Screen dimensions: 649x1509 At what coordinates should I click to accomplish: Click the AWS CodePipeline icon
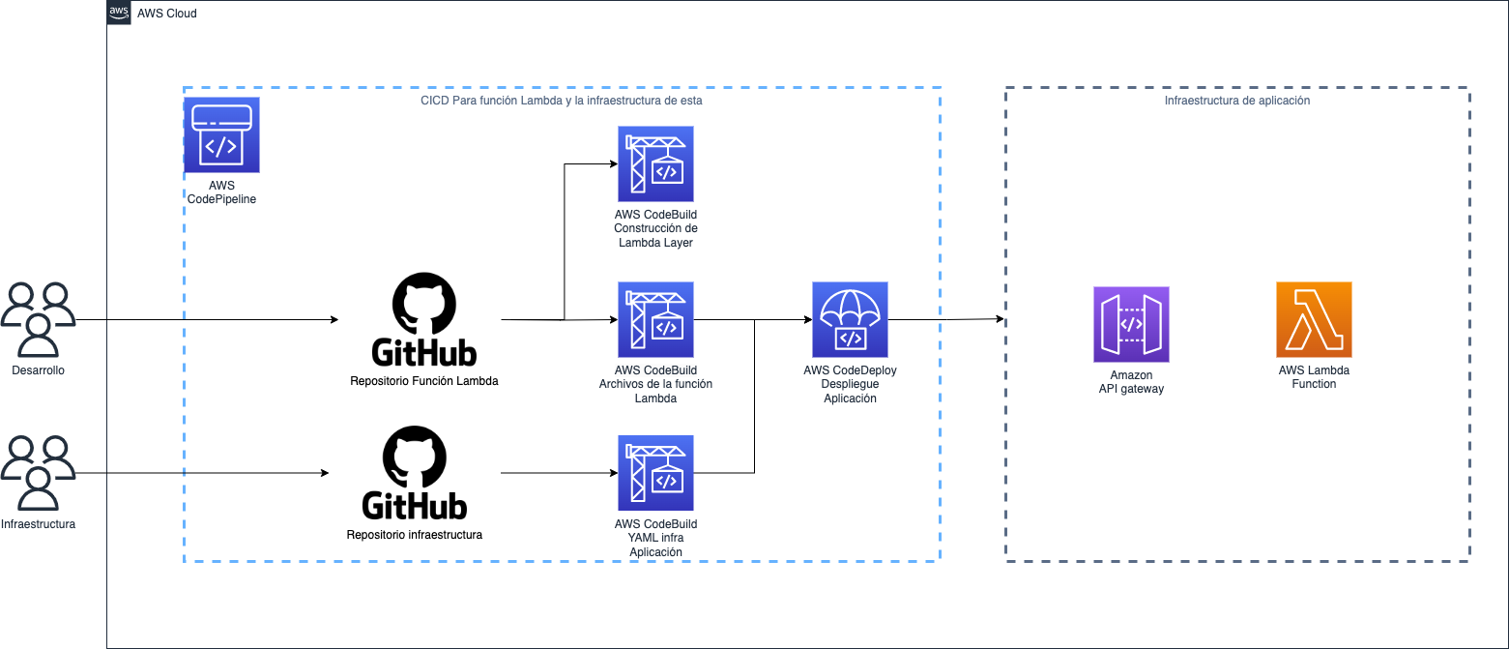tap(221, 134)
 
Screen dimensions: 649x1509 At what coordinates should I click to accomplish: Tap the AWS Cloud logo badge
tap(119, 13)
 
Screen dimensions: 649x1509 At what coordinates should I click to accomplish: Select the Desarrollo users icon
tap(39, 320)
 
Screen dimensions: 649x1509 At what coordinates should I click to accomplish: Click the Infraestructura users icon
tap(39, 473)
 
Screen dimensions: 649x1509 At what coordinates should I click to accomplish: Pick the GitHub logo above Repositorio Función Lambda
tap(424, 320)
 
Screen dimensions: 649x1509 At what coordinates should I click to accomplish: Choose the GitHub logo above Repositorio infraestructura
tap(415, 474)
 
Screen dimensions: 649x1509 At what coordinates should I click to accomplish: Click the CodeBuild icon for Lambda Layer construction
tap(655, 163)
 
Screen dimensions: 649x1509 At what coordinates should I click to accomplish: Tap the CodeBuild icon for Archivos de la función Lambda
tap(655, 320)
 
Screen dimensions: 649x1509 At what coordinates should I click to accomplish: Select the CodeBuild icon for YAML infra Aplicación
tap(655, 473)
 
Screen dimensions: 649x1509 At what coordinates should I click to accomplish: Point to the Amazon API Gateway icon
tap(1131, 323)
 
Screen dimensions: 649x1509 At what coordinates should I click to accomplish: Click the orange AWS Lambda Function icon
tap(1314, 320)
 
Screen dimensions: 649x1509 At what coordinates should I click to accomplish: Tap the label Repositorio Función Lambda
tap(424, 381)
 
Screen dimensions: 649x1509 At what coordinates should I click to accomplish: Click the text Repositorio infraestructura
tap(414, 534)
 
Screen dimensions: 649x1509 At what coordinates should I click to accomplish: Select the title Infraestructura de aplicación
tap(1237, 100)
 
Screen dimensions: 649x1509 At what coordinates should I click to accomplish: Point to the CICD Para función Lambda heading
tap(562, 100)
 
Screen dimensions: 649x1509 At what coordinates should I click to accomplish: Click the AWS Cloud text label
tap(167, 14)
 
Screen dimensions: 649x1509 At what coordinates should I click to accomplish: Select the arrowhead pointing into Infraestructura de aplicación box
tap(1000, 319)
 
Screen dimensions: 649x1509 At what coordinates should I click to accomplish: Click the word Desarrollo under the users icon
tap(39, 370)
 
